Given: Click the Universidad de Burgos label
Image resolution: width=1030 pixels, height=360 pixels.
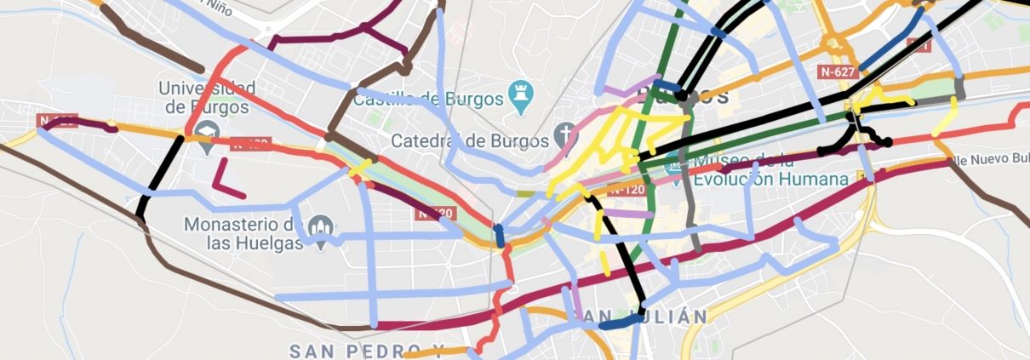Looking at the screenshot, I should pos(207,97).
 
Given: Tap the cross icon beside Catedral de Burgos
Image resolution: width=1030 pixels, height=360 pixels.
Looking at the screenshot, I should pos(564,134).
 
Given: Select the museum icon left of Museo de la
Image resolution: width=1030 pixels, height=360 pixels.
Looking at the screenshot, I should pos(674,162).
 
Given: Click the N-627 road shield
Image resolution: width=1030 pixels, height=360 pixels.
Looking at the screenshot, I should pos(837,72).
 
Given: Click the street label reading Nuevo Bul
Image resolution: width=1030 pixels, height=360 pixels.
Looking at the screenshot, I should pos(994,158).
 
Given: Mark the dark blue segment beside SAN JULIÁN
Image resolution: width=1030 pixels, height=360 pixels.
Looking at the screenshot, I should pos(619,322).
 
